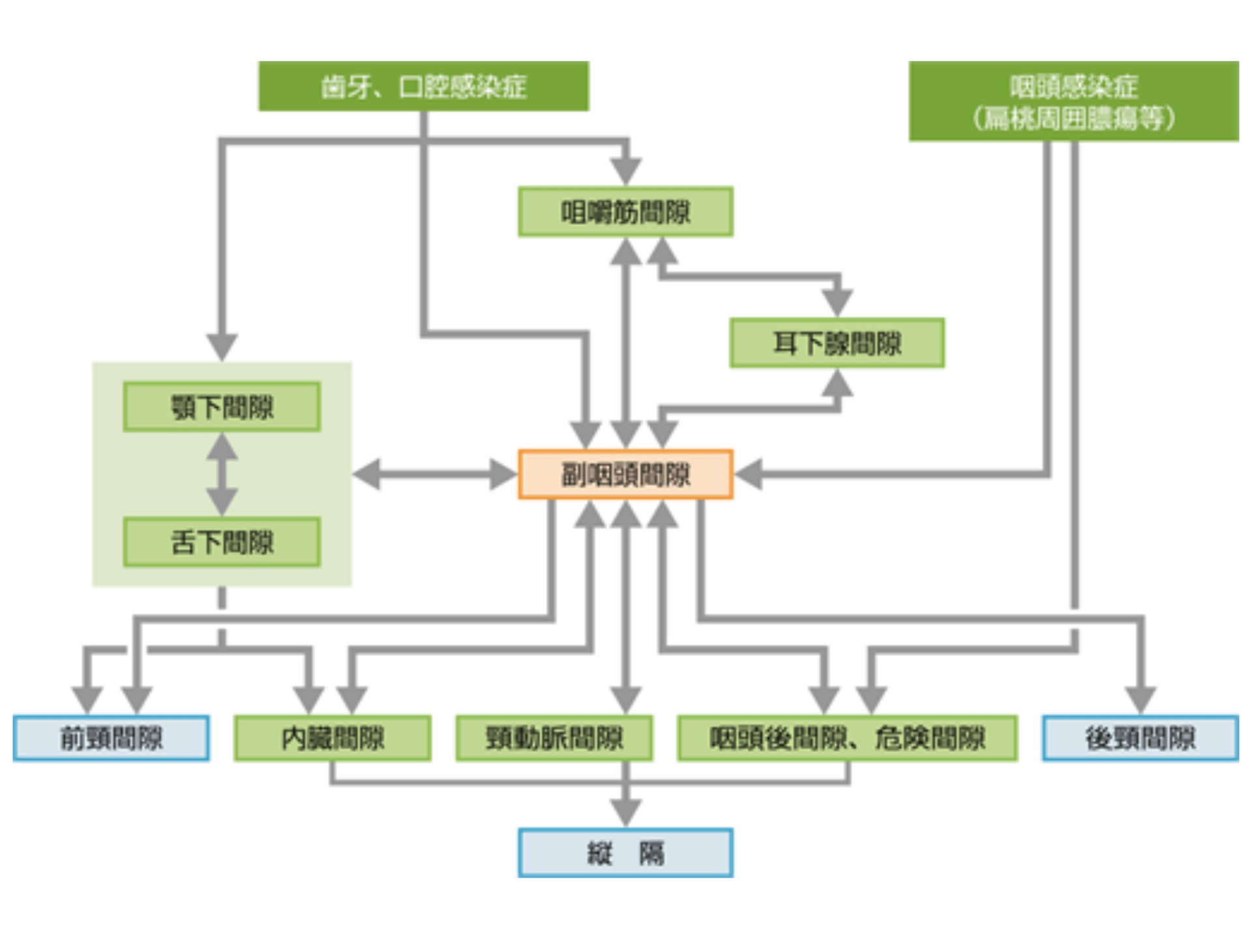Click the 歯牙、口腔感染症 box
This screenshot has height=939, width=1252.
coord(424,86)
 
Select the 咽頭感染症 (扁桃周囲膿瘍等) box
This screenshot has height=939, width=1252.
coord(1073,101)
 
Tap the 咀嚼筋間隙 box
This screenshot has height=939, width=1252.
coord(625,212)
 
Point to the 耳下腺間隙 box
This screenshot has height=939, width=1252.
coord(837,343)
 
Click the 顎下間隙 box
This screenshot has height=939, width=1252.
coord(222,407)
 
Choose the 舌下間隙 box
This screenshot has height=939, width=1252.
coord(222,542)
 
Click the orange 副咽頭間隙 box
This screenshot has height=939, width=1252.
coord(625,474)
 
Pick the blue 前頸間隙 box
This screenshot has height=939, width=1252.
coord(111,738)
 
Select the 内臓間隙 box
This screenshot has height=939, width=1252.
coord(333,738)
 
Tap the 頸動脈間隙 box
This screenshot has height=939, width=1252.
coord(554,738)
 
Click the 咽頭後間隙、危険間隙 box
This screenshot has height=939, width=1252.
coord(847,738)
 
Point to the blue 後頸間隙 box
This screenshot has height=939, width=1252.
coord(1140,738)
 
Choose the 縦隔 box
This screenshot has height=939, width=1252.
coord(625,853)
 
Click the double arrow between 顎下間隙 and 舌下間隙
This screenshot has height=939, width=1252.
coord(222,474)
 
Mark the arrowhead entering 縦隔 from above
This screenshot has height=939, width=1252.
coord(625,814)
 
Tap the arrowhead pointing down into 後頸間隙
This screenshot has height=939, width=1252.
coord(1140,700)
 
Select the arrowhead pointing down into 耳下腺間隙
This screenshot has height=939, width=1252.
coord(837,303)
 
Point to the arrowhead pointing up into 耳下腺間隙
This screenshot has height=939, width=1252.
coord(837,383)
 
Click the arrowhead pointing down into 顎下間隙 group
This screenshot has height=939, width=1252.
coord(222,346)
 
